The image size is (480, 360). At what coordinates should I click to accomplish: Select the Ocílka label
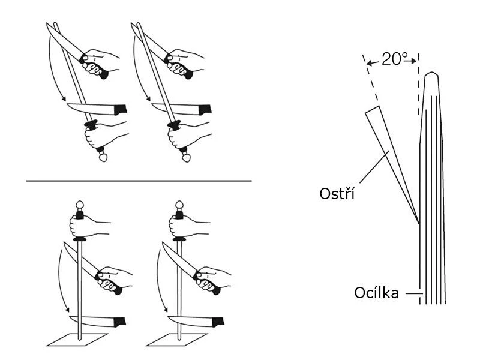[376, 294]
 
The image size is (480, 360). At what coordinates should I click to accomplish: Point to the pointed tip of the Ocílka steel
[431, 74]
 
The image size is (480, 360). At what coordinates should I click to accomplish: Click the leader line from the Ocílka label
[413, 294]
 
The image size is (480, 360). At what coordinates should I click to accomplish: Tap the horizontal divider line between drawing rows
[138, 180]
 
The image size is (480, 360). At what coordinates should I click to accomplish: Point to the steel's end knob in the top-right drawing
[187, 157]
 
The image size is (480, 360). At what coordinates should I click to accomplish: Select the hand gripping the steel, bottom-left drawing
[84, 227]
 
